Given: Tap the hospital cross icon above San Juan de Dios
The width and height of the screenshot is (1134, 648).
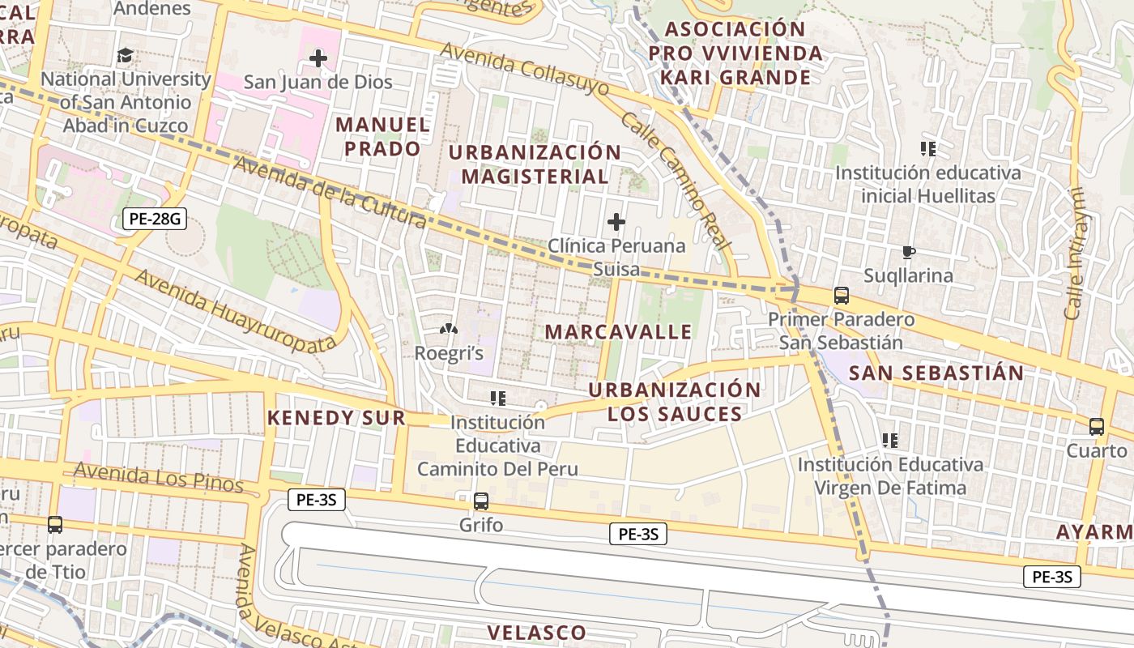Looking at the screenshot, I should (318, 58).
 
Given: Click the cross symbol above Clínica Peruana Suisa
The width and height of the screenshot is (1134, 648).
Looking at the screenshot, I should (616, 221).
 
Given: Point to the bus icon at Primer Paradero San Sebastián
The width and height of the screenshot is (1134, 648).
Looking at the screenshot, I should (842, 296).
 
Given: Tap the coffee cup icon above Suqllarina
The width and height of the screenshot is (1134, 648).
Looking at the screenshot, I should (908, 252).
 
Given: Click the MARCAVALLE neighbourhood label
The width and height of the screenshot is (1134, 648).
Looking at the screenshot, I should (618, 331).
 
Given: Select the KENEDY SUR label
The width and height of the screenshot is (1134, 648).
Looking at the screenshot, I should (336, 418).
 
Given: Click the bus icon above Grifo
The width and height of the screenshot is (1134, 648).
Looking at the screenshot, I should (481, 501).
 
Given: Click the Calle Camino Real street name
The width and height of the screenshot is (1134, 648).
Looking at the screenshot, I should (676, 181).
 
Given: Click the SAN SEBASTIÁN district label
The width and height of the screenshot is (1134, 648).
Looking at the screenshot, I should (936, 373).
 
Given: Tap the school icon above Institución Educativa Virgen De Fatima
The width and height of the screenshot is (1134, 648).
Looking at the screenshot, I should (890, 441).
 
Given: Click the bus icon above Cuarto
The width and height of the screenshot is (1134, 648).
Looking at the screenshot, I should (1097, 427).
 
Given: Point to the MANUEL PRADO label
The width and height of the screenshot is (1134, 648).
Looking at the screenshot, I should (382, 136).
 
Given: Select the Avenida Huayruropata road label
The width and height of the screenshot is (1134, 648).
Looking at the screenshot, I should (235, 310).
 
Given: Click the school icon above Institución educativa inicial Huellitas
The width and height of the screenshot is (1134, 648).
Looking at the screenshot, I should (928, 148).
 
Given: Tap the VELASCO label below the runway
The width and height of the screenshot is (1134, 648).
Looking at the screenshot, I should (536, 633).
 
